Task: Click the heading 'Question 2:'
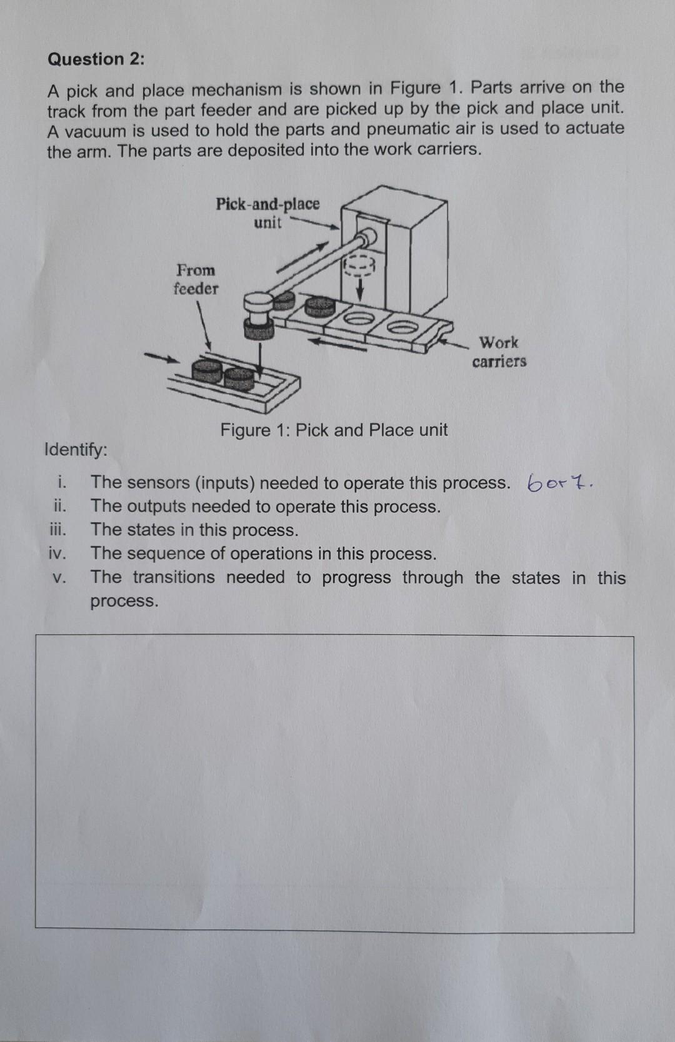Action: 96,59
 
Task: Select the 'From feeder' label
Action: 196,280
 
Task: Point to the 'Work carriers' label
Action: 499,352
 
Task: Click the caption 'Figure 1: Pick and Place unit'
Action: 334,430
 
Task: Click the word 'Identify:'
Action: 76,450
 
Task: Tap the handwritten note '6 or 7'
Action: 561,482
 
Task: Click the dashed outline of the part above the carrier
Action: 358,266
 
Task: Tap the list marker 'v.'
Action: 58,578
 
